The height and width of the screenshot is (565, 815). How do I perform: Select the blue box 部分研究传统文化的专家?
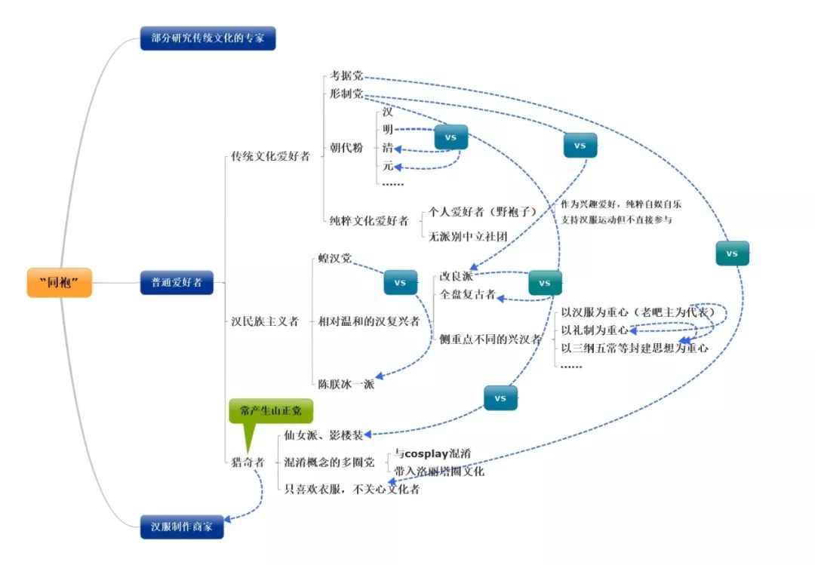tap(208, 38)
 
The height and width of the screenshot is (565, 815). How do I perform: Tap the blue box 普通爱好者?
tap(177, 283)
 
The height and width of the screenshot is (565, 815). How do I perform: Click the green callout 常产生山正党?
tap(269, 410)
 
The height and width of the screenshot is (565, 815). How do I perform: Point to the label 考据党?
tap(346, 76)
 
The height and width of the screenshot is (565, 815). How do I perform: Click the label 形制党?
tap(346, 94)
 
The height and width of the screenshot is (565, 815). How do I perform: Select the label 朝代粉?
tap(346, 148)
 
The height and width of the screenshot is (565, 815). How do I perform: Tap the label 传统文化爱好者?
tap(269, 157)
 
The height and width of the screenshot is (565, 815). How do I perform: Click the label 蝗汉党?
tap(334, 259)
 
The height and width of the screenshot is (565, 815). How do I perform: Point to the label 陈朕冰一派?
tap(346, 384)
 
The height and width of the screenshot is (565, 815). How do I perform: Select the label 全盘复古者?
tap(468, 294)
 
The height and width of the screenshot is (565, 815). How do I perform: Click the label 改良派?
tap(457, 276)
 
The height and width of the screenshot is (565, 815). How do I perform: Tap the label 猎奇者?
tap(248, 462)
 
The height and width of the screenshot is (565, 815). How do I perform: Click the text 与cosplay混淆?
tap(432, 453)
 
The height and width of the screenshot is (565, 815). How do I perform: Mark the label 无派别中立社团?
tap(467, 236)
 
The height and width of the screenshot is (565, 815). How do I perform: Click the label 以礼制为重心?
tap(595, 330)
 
